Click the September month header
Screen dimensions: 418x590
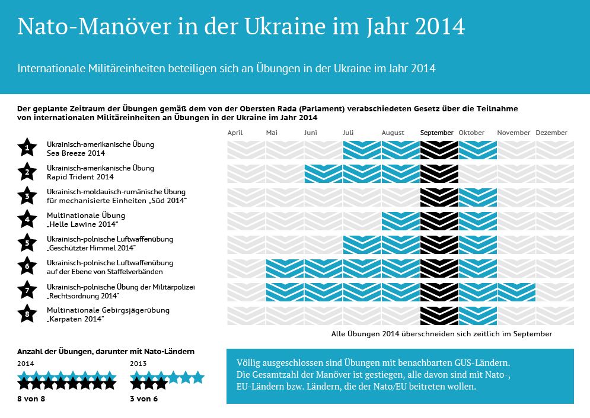click(x=436, y=133)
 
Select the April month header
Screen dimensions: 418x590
click(x=235, y=133)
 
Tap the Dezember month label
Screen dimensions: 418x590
click(x=551, y=133)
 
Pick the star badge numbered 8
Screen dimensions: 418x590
click(x=27, y=314)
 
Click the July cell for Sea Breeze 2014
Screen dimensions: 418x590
click(x=362, y=150)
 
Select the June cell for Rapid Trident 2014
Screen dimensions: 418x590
click(x=323, y=173)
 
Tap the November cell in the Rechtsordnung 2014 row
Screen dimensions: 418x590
click(x=516, y=292)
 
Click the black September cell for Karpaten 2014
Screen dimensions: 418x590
click(x=439, y=316)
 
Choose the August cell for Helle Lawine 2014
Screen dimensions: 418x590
click(x=400, y=221)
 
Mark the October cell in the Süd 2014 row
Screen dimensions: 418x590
click(x=477, y=197)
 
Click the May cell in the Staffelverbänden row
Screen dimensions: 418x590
click(x=285, y=268)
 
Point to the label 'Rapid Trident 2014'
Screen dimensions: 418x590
click(x=80, y=177)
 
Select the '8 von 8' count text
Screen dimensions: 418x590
click(x=31, y=399)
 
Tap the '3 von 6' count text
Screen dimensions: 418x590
click(x=144, y=399)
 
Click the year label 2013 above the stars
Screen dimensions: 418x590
click(x=138, y=363)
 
